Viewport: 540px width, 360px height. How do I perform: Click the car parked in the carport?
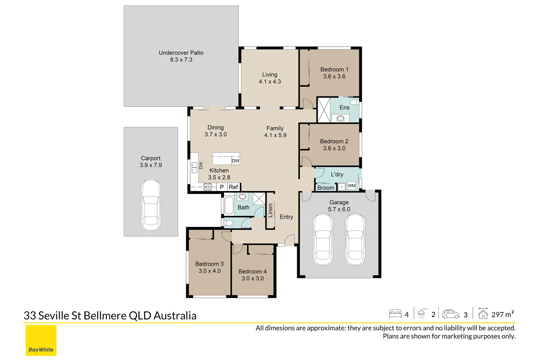[151, 205]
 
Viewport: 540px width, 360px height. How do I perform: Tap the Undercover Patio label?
[181, 53]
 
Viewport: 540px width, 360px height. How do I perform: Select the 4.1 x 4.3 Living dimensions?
[270, 82]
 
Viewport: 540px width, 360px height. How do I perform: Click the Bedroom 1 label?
[334, 69]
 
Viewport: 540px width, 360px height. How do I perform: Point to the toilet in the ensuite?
[354, 102]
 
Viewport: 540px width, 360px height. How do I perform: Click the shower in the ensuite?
[323, 110]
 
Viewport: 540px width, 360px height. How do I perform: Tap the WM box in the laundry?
[351, 186]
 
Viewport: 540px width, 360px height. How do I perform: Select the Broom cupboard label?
[325, 188]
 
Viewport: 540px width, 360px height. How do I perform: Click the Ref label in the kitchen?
[233, 187]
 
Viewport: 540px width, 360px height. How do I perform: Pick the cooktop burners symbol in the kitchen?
[207, 187]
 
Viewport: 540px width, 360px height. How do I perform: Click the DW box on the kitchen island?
[235, 161]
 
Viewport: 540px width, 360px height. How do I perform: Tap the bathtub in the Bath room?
[229, 205]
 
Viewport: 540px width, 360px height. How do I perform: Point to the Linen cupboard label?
[270, 210]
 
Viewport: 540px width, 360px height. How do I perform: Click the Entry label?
[286, 217]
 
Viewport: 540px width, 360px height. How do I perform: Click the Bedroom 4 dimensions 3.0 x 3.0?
[252, 278]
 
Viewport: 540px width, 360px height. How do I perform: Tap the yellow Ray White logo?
[41, 340]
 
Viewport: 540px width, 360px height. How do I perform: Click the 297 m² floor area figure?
[502, 314]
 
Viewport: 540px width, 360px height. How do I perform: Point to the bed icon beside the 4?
[395, 314]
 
